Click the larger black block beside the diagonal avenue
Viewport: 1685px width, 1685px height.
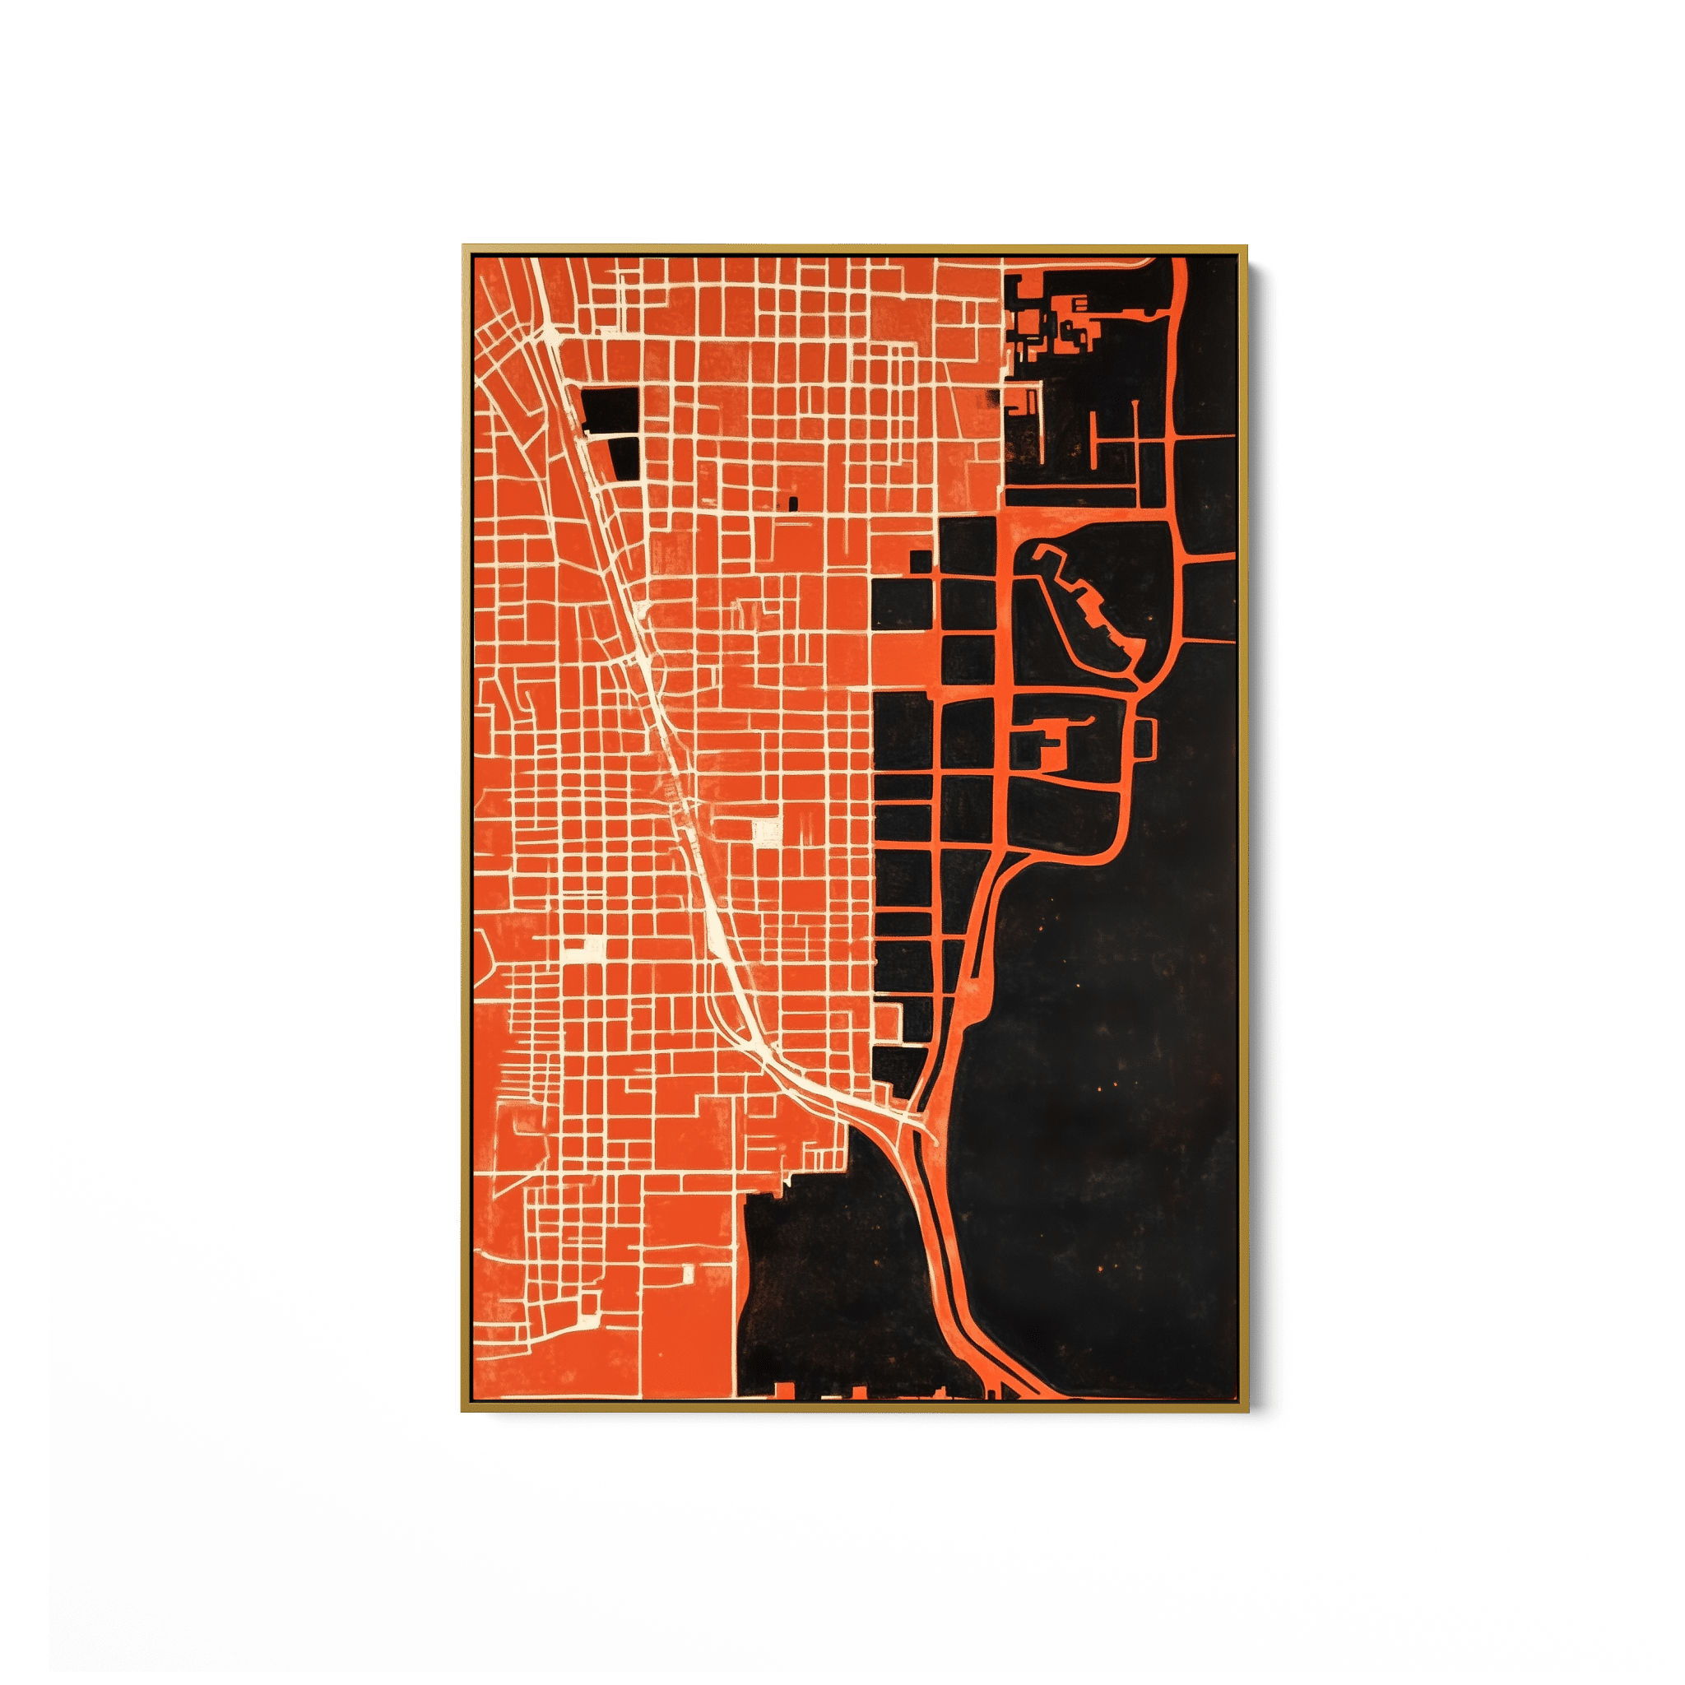point(610,409)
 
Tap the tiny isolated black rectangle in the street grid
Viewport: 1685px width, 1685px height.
point(793,503)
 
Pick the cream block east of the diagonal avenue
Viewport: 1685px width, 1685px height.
point(767,830)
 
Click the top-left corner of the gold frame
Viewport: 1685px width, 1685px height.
point(464,248)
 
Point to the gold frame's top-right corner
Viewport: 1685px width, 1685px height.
point(1247,248)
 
